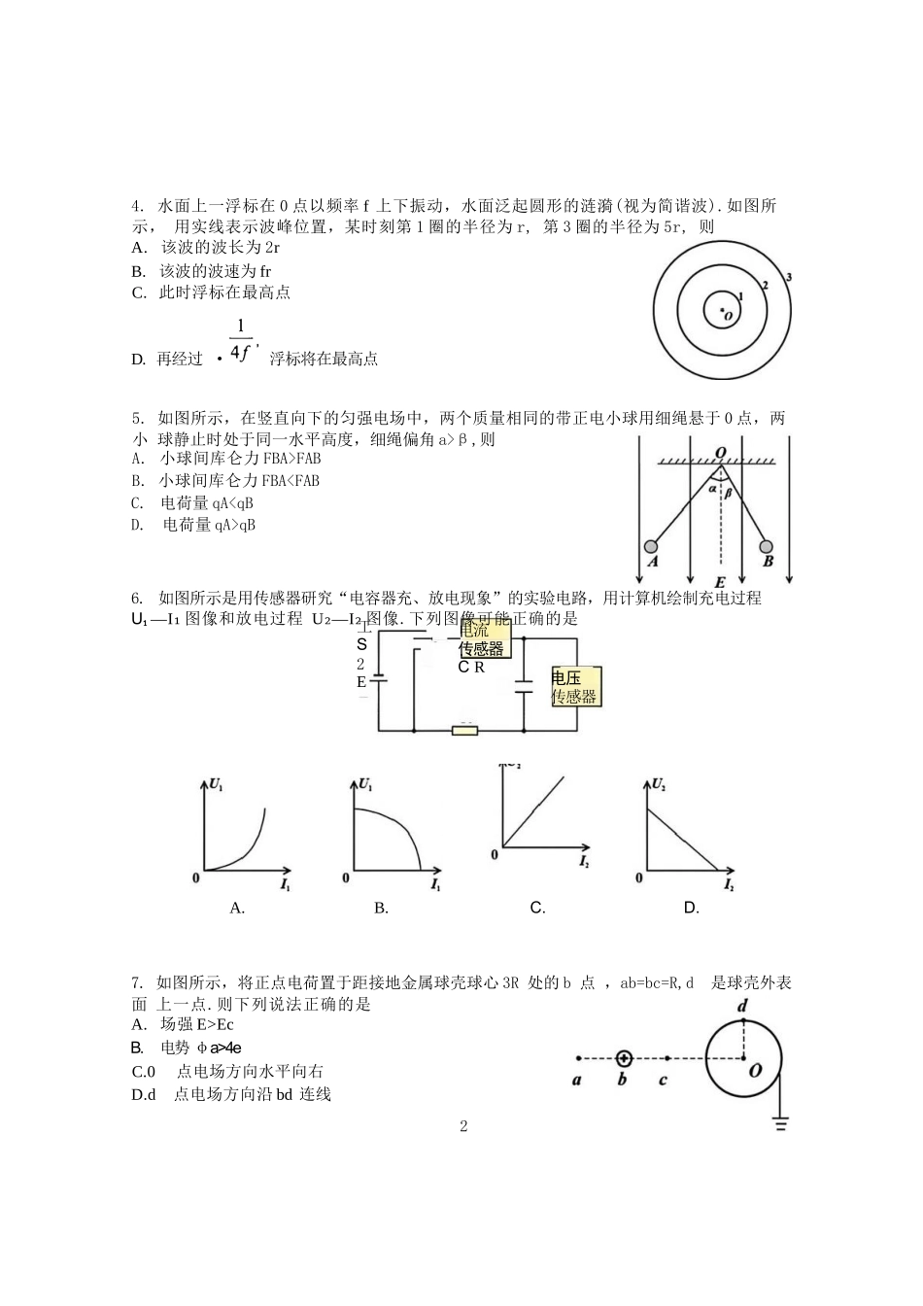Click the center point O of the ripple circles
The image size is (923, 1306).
pyautogui.click(x=722, y=311)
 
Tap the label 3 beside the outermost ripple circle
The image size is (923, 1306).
pyautogui.click(x=789, y=277)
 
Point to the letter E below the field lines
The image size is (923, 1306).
pyautogui.click(x=719, y=584)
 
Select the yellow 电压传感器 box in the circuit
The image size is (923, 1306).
pyautogui.click(x=575, y=686)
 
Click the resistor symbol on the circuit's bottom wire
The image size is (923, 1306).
pyautogui.click(x=465, y=729)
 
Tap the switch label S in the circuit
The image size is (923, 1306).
pyautogui.click(x=361, y=643)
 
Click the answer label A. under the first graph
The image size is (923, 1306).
pyautogui.click(x=237, y=908)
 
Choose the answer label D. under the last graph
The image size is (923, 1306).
pyautogui.click(x=691, y=908)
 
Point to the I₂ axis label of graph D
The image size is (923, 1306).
pyautogui.click(x=729, y=886)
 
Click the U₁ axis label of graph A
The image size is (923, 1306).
pyautogui.click(x=216, y=783)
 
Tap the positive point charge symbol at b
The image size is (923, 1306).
pyautogui.click(x=623, y=1058)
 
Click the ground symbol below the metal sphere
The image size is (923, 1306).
pyautogui.click(x=780, y=1124)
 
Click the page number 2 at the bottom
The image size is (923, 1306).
pyautogui.click(x=463, y=1126)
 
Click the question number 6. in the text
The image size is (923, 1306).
pyautogui.click(x=137, y=598)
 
